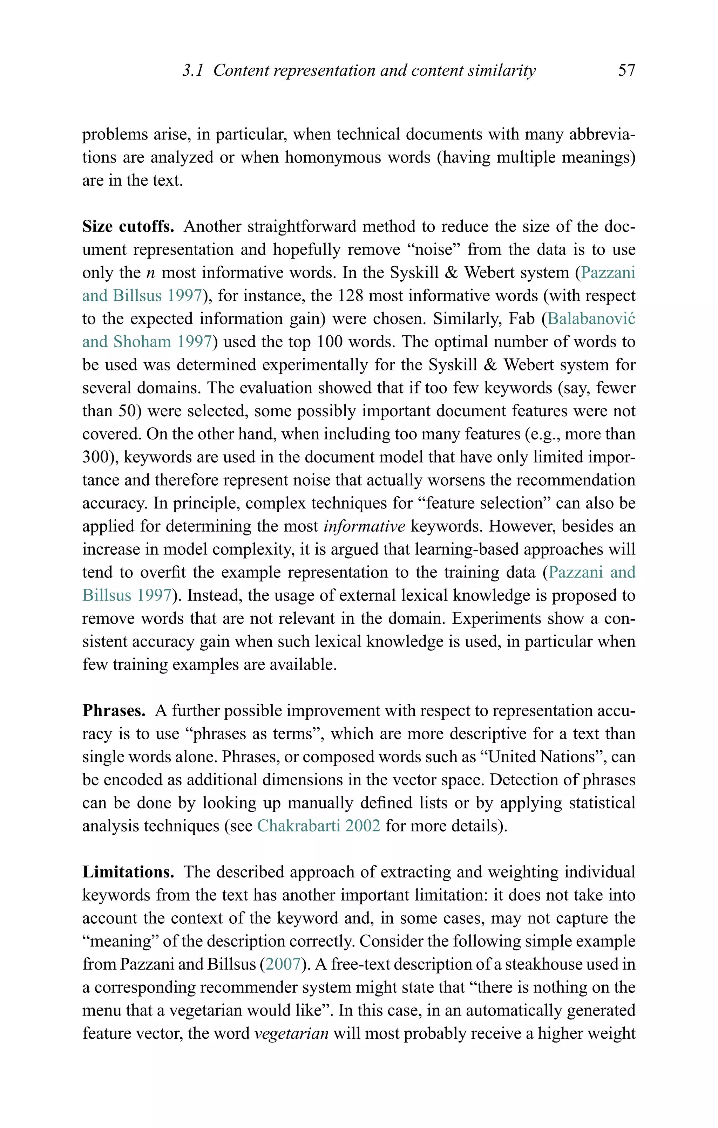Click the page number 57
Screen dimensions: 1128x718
coord(626,70)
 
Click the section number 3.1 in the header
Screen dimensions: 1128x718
coord(192,70)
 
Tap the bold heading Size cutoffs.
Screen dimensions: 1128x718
coord(128,227)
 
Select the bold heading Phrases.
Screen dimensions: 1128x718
coord(114,711)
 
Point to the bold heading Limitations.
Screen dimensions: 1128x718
coord(128,872)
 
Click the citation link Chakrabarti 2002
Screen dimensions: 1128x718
coord(319,826)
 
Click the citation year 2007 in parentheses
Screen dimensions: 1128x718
coord(283,964)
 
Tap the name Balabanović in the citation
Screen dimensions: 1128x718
coord(591,319)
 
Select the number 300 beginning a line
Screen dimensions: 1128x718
coord(96,457)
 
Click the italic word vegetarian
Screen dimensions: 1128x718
coord(291,1033)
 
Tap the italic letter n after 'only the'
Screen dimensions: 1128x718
coord(150,273)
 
